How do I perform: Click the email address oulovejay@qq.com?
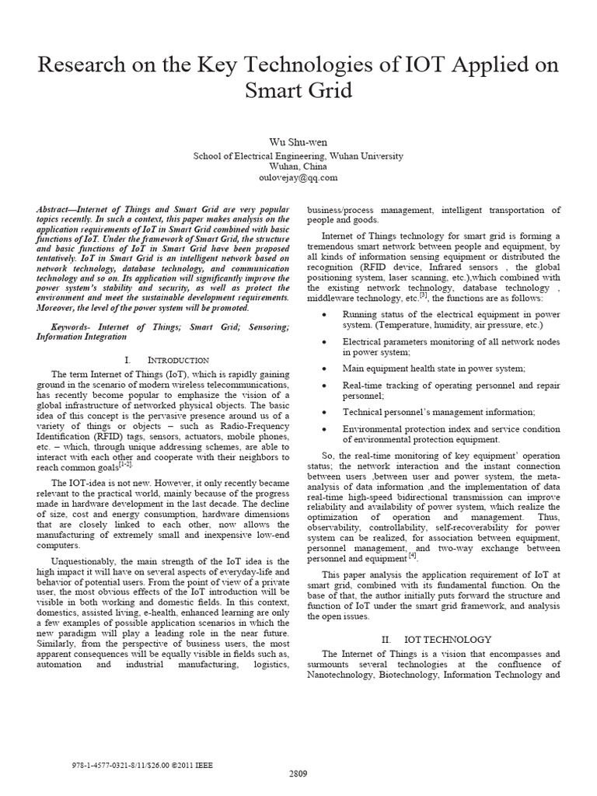click(298, 177)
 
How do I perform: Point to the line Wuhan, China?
click(298, 166)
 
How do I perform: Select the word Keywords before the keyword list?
click(73, 327)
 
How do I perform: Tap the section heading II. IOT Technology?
click(436, 639)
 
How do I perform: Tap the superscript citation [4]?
click(413, 555)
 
